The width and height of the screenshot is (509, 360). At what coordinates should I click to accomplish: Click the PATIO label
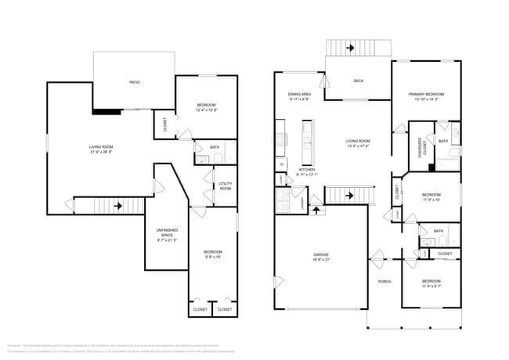(135, 81)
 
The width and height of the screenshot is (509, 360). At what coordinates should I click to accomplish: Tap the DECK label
(358, 81)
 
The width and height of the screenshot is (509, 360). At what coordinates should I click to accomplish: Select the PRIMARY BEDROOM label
(426, 94)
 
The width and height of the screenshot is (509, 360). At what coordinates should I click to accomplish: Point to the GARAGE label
(320, 254)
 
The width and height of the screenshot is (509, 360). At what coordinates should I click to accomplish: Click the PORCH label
(384, 282)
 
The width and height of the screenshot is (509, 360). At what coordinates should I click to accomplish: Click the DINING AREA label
(299, 94)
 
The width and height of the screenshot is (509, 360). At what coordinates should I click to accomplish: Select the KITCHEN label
(307, 169)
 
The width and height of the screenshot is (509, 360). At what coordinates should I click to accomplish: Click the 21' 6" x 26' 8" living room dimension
(101, 153)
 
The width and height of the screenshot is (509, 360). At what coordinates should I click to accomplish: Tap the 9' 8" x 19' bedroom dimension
(212, 257)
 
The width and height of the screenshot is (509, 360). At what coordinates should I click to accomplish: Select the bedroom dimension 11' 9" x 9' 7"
(431, 286)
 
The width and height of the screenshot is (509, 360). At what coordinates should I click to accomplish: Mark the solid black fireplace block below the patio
(106, 111)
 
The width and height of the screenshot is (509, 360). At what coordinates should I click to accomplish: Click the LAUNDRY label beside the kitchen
(302, 200)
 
